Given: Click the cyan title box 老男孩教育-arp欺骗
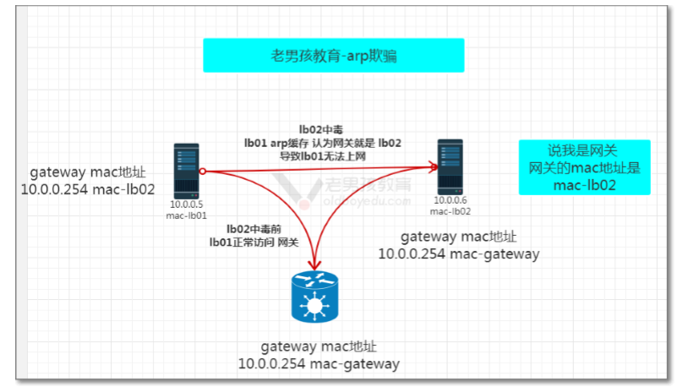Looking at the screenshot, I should (333, 56).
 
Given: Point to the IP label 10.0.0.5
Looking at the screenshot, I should (186, 204).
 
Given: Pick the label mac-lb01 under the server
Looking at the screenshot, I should (186, 215).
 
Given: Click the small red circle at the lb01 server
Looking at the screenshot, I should (203, 172).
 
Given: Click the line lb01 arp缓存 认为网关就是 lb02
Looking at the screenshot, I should (323, 143).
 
